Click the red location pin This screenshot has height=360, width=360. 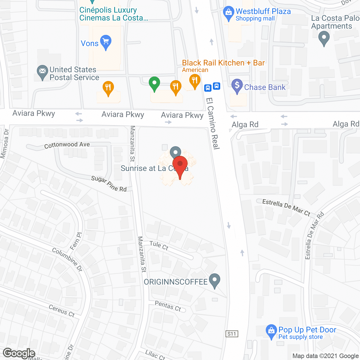[x=180, y=166]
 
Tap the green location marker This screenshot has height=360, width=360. [x=154, y=83]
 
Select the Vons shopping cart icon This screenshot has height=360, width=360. [x=106, y=42]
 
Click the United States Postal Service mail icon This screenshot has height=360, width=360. [x=42, y=72]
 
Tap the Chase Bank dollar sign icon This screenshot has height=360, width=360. [x=237, y=85]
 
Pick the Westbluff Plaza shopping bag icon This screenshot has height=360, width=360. [x=228, y=13]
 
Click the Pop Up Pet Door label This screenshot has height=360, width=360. [x=307, y=330]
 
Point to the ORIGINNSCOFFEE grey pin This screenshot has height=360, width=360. [x=215, y=280]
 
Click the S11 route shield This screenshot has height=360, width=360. [x=232, y=334]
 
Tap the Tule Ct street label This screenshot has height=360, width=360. [x=159, y=245]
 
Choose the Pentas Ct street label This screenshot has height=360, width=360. [x=168, y=306]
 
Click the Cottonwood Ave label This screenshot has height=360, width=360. [x=67, y=145]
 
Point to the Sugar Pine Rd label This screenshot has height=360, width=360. [x=109, y=184]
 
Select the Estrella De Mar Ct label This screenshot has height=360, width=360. [x=286, y=207]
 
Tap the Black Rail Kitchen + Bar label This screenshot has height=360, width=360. [x=223, y=63]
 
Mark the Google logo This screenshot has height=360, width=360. [x=19, y=353]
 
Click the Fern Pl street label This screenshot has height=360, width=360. [x=76, y=241]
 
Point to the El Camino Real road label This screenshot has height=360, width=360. [x=213, y=123]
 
